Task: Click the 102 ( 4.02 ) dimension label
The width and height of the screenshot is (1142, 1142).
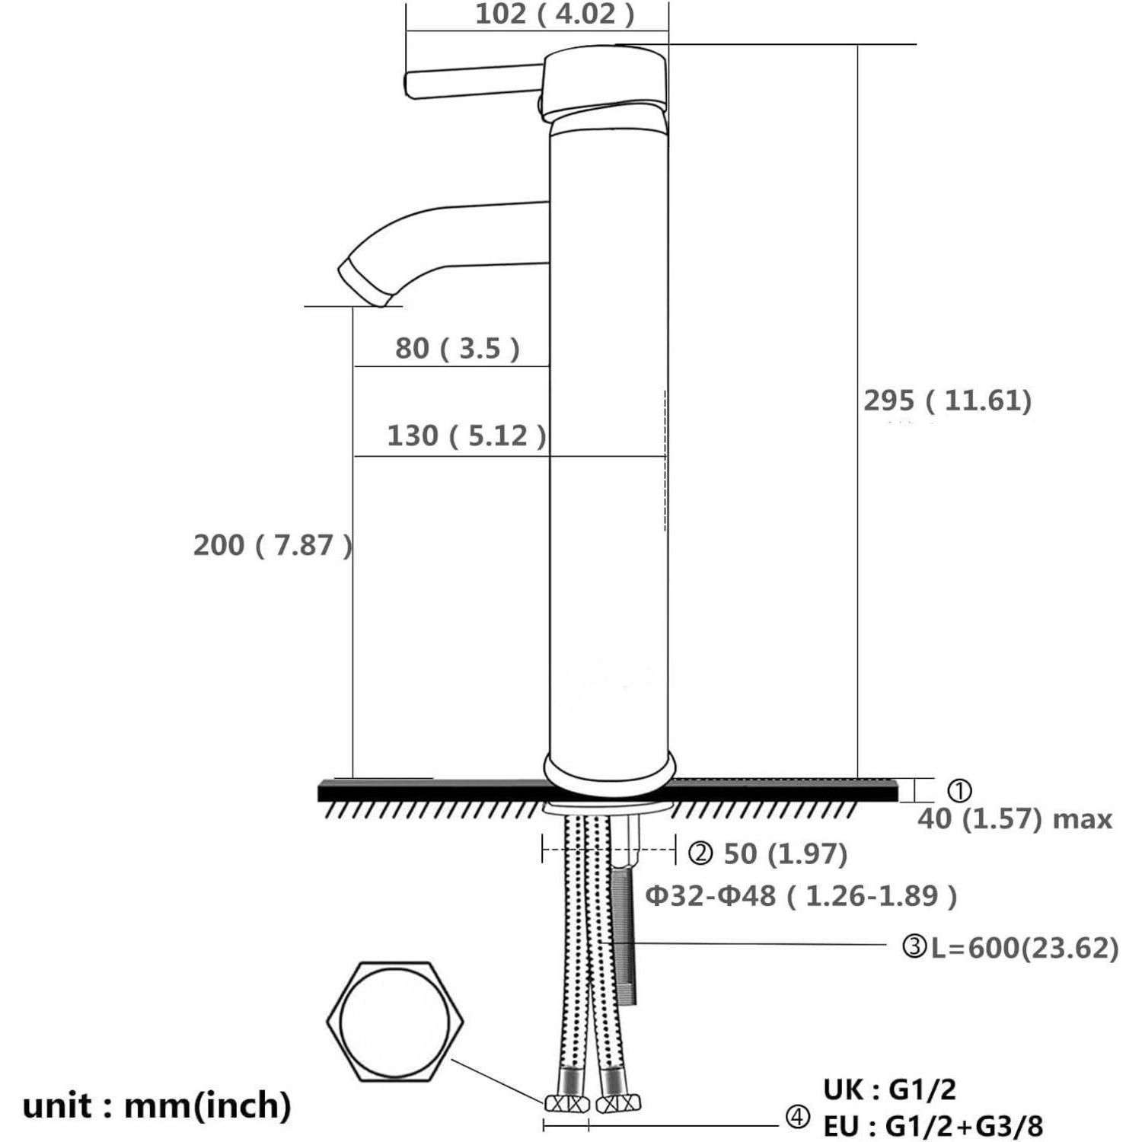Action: pyautogui.click(x=554, y=14)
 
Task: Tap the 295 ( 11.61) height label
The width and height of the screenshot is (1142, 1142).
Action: pyautogui.click(x=947, y=400)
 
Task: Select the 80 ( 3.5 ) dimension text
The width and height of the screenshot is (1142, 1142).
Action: pyautogui.click(x=457, y=348)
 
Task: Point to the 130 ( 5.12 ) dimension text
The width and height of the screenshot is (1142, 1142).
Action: pyautogui.click(x=467, y=435)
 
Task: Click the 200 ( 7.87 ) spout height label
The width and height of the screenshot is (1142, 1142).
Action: pyautogui.click(x=273, y=545)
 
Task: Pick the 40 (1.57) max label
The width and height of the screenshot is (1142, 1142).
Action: pyautogui.click(x=1015, y=819)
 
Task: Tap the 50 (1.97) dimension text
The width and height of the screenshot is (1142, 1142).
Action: pyautogui.click(x=785, y=853)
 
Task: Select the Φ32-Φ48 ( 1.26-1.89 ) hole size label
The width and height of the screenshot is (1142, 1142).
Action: pyautogui.click(x=801, y=896)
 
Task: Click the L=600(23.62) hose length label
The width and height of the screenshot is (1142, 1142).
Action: pyautogui.click(x=1025, y=948)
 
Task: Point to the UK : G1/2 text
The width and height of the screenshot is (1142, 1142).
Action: pyautogui.click(x=889, y=1090)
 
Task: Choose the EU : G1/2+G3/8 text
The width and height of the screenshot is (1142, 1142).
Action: pyautogui.click(x=933, y=1125)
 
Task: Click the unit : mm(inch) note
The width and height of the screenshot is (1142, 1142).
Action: pyautogui.click(x=157, y=1105)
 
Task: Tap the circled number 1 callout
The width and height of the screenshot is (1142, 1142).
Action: pyautogui.click(x=959, y=791)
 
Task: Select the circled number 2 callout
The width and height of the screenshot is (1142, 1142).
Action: pyautogui.click(x=700, y=854)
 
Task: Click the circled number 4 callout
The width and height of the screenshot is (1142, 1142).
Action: pyautogui.click(x=797, y=1118)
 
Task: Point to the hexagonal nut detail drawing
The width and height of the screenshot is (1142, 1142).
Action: pyautogui.click(x=395, y=1022)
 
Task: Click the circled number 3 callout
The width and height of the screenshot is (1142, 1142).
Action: pyautogui.click(x=914, y=948)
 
